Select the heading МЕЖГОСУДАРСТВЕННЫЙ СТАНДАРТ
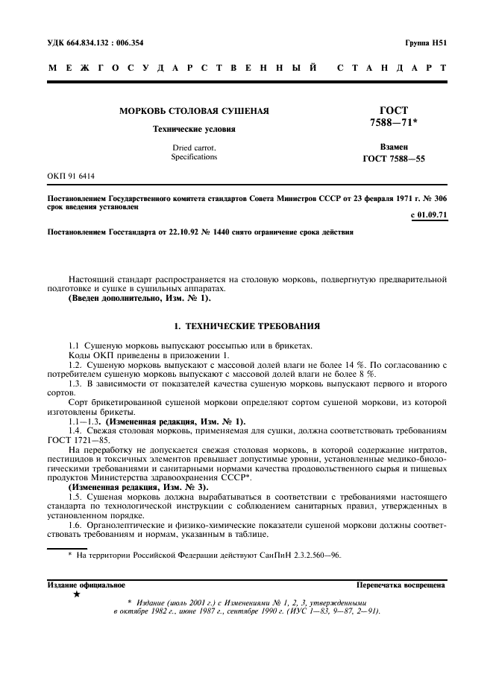click(x=246, y=69)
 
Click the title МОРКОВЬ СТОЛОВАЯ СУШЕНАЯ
click(x=194, y=112)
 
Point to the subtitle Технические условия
click(x=194, y=129)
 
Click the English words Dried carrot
click(x=194, y=147)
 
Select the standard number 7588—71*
click(x=393, y=122)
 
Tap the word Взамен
click(x=393, y=148)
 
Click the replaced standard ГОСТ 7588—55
click(x=393, y=159)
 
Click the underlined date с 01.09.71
click(x=429, y=216)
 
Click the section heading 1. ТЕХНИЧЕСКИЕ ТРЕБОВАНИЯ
click(x=246, y=325)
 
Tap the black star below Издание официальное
click(x=76, y=594)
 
